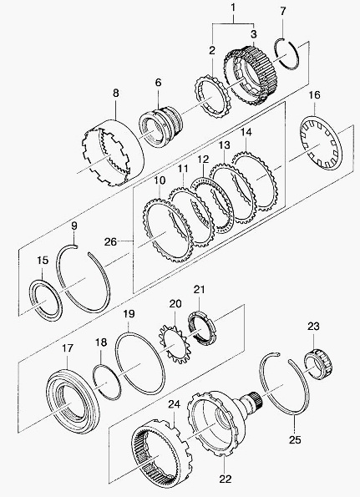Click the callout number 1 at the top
(234, 8)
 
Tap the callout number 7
(283, 11)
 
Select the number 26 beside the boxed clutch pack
(110, 242)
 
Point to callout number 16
(314, 95)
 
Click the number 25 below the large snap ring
(295, 439)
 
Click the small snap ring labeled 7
(286, 53)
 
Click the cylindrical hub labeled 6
(161, 127)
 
